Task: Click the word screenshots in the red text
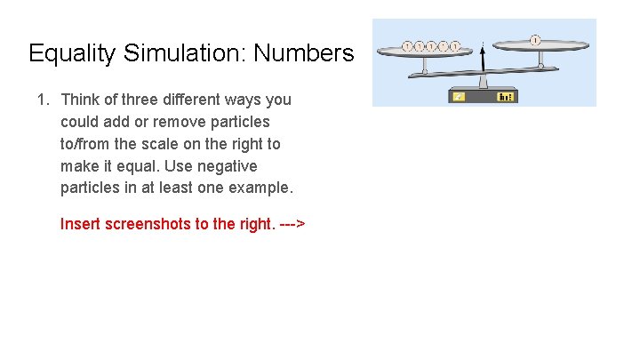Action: (146, 224)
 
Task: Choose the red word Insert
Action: (80, 224)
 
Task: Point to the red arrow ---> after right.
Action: (292, 224)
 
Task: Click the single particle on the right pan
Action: (535, 40)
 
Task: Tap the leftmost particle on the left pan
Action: (407, 46)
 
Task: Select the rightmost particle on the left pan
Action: (454, 46)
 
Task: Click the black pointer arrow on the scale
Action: (482, 60)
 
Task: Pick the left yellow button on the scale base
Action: (460, 96)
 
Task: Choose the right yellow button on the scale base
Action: (506, 96)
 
